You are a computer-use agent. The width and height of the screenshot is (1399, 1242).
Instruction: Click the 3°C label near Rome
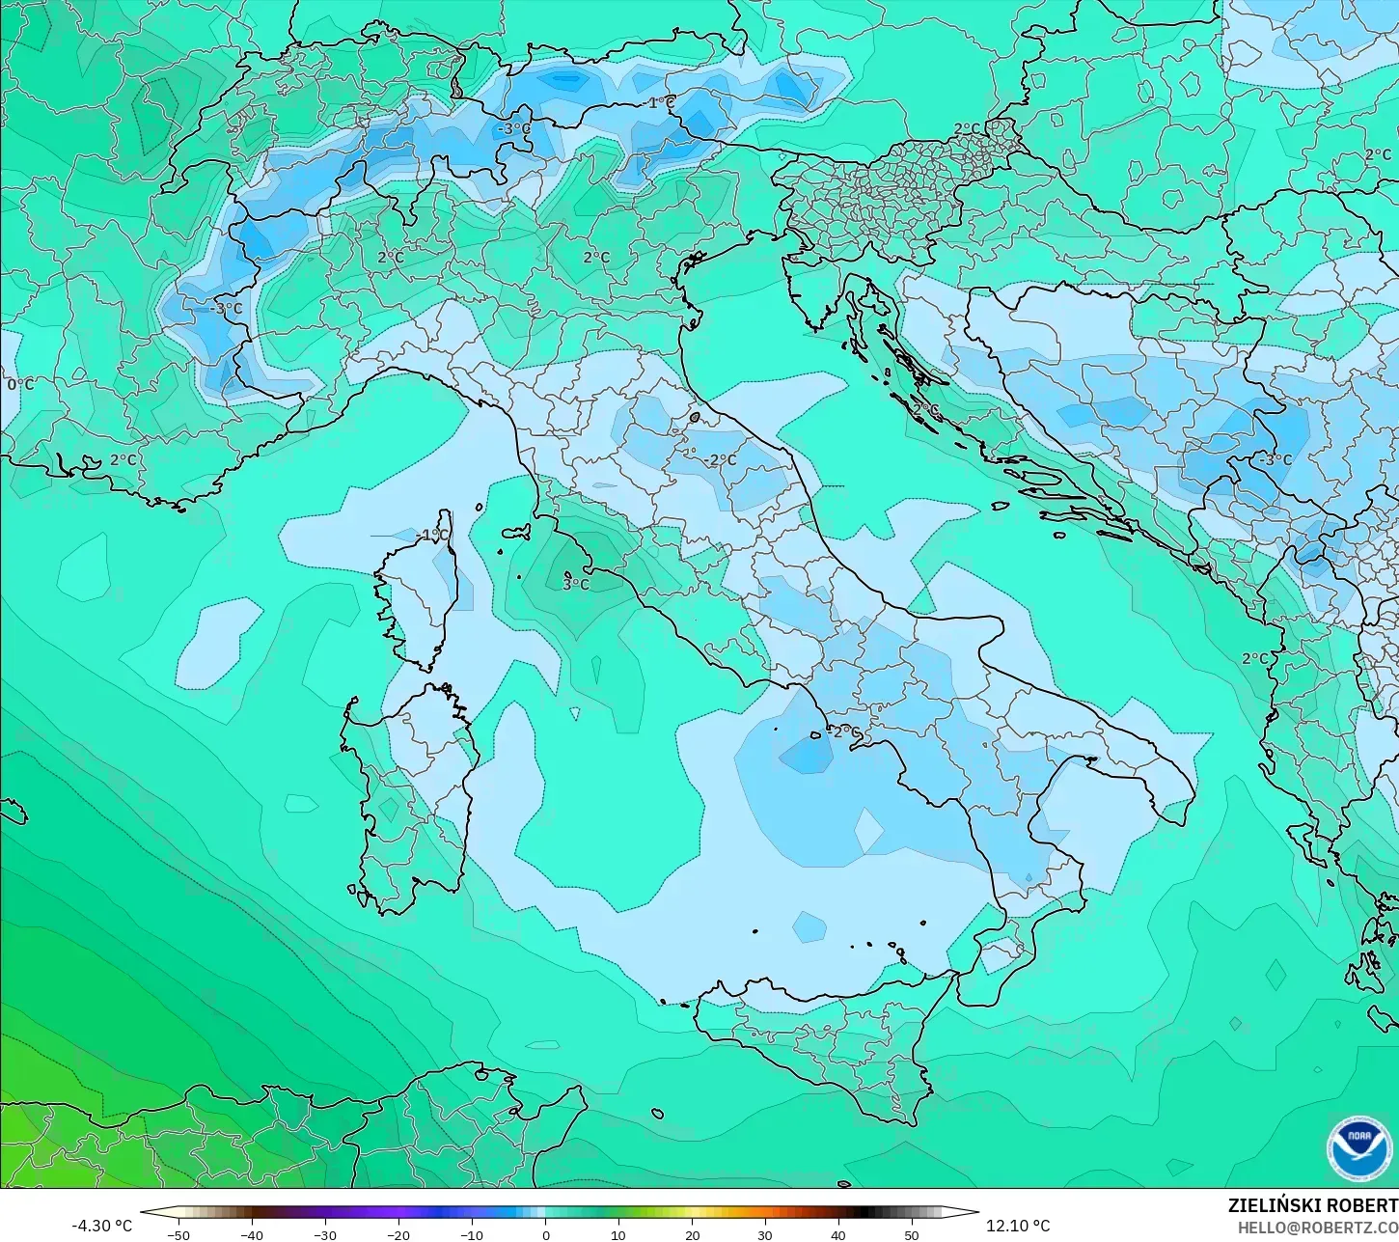pos(575,584)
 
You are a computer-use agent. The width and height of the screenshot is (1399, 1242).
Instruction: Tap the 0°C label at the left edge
pos(20,384)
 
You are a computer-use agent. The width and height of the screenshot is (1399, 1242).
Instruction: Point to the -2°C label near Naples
pos(844,731)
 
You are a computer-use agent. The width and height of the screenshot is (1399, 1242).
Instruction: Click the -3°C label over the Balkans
pos(1275,459)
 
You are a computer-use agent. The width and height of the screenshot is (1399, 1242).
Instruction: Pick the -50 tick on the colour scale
pos(178,1234)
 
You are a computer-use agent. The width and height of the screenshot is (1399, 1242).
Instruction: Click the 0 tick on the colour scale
pos(545,1234)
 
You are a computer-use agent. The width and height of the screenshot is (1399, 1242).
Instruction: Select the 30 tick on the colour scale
pos(765,1234)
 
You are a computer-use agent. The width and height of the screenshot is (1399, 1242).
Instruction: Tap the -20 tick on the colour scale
pos(398,1234)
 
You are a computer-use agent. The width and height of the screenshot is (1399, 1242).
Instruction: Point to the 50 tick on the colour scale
pos(912,1234)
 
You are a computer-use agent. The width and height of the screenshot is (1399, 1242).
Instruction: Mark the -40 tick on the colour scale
pos(252,1234)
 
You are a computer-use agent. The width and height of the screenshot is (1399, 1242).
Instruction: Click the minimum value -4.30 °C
pos(101,1226)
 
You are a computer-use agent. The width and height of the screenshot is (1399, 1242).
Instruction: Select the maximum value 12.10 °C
pos(1018,1226)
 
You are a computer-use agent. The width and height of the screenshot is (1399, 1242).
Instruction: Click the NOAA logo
pos(1358,1148)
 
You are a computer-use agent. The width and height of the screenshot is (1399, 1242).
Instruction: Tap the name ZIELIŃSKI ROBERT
pos(1312,1205)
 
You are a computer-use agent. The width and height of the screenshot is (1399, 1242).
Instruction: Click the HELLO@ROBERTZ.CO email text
pos(1318,1228)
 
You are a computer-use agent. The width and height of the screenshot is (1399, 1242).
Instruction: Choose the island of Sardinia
pos(405,791)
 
